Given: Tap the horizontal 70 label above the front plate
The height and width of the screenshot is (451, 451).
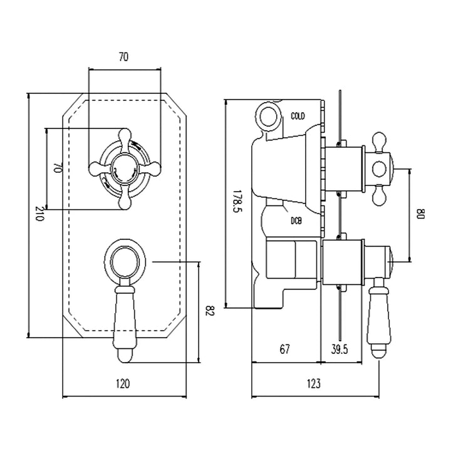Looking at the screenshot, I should (123, 57).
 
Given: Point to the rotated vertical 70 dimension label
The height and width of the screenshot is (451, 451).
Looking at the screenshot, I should (56, 168).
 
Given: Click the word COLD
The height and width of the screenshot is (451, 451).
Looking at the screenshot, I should (298, 117).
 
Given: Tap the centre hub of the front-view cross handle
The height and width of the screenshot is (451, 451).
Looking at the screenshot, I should (123, 168).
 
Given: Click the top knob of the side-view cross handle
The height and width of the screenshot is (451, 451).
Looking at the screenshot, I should (378, 139).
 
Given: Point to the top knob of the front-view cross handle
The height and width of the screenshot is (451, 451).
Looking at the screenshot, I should (124, 135).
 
